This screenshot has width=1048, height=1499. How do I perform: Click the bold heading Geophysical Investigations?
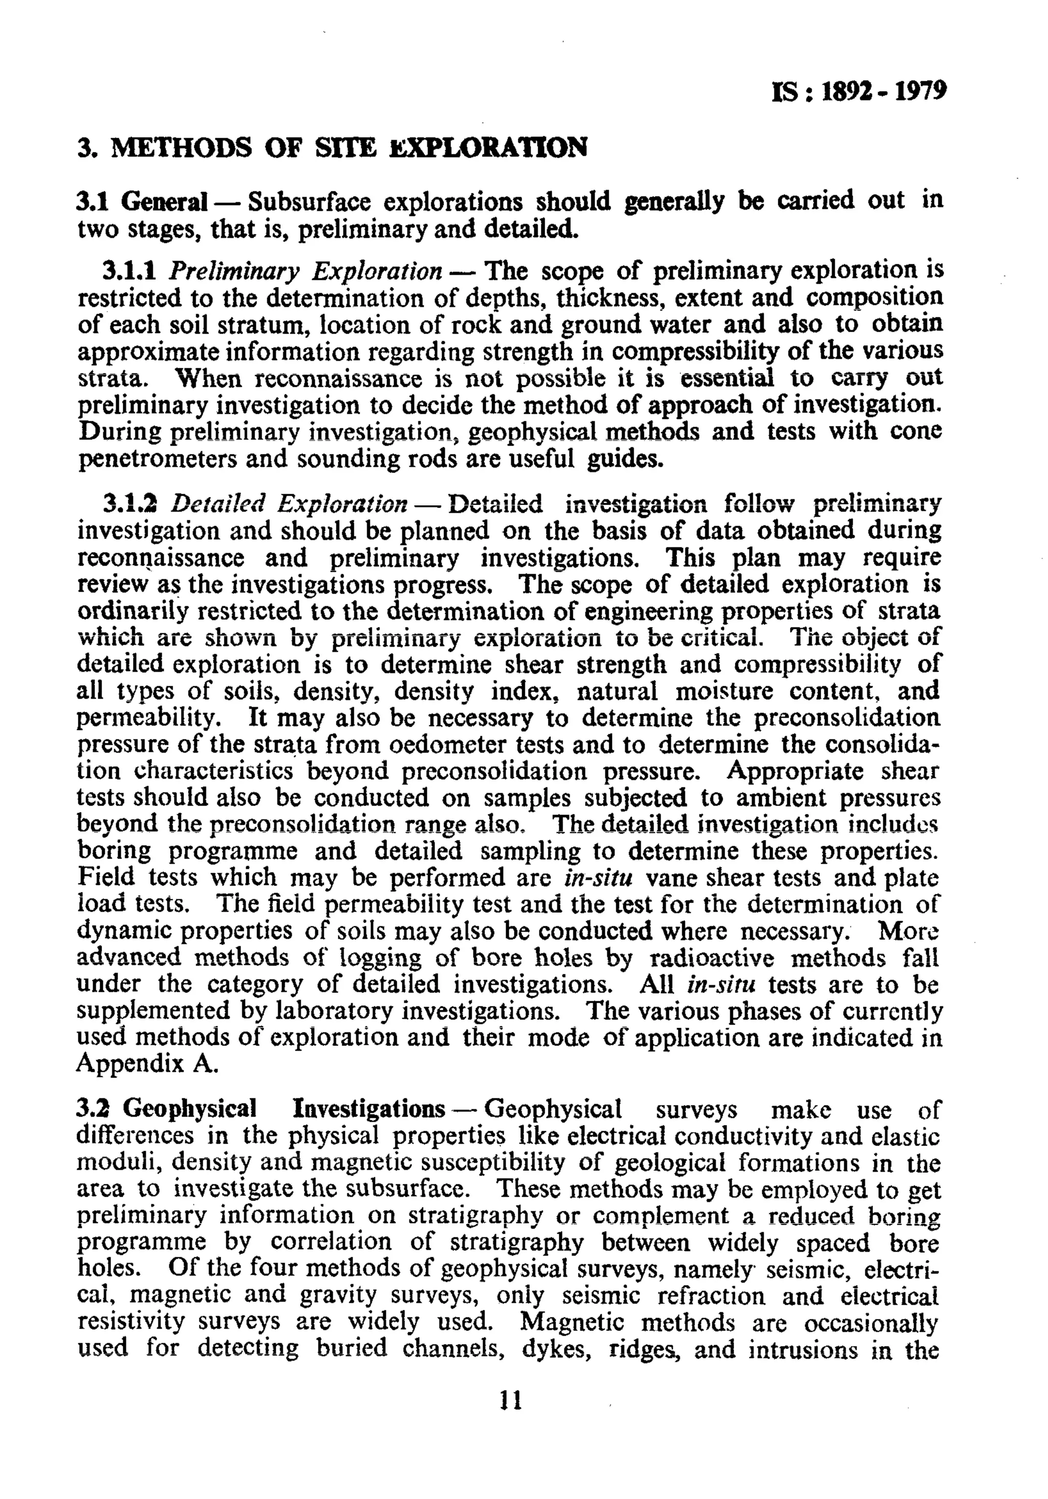tap(284, 1109)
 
